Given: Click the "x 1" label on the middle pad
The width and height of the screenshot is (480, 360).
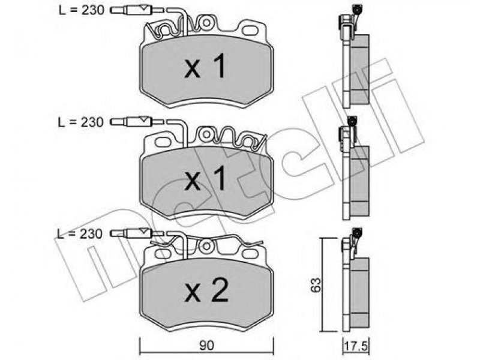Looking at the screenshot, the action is (x=205, y=178).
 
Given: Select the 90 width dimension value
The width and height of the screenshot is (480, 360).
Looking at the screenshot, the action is (x=206, y=346).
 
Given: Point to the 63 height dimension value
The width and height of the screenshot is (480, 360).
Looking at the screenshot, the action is (x=316, y=284).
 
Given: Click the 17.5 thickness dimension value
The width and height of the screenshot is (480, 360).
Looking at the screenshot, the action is (x=356, y=347).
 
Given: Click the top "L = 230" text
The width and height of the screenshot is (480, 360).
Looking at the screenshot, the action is (x=82, y=10).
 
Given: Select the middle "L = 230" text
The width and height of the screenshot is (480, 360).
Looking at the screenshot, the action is (x=81, y=122).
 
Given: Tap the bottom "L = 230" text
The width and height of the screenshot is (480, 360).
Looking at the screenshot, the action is (x=80, y=234).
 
